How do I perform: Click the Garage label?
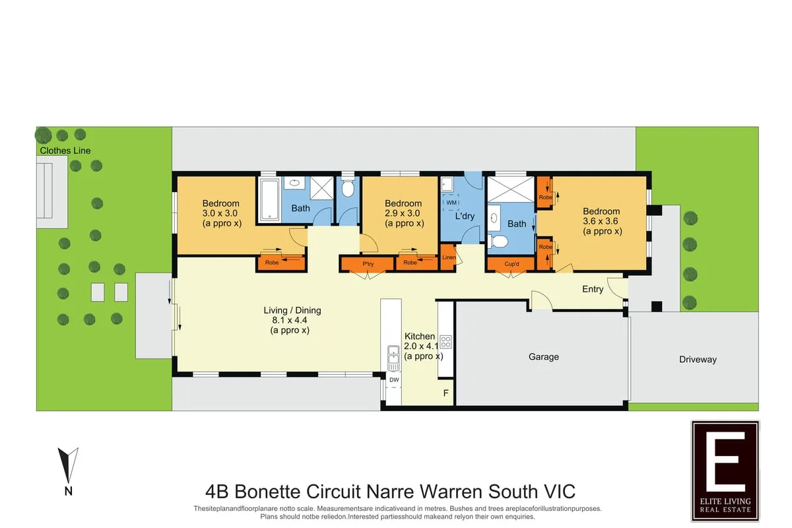543,356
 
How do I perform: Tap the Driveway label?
698,359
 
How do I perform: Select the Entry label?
593,289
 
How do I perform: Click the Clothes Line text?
65,150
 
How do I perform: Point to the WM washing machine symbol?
451,202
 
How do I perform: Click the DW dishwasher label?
394,379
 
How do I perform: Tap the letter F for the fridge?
446,393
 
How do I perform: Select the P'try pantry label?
368,264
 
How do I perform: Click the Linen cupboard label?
449,257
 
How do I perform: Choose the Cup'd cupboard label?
511,264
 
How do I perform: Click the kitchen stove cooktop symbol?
445,342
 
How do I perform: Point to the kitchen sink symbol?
393,358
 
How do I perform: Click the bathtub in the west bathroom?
269,200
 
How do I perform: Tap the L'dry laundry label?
464,216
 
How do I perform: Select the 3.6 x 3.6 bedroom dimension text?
601,221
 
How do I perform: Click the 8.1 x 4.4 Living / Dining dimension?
289,320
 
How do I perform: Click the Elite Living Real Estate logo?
725,471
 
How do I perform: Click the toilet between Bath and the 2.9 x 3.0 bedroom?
348,187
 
